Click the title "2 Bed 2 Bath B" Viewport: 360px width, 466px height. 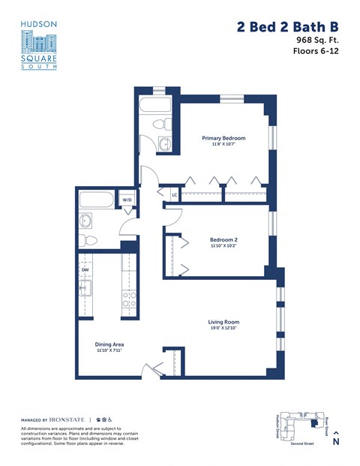[x=287, y=27]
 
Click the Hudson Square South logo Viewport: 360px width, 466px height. [x=39, y=46]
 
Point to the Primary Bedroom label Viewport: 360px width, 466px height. [x=223, y=138]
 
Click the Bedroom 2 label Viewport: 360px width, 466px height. [x=223, y=240]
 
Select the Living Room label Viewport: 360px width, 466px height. [x=223, y=322]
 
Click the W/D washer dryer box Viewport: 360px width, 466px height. [x=127, y=200]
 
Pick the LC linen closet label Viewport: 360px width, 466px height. [x=174, y=195]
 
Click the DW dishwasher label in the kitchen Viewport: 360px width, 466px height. [x=85, y=270]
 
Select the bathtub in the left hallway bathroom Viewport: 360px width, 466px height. [x=97, y=200]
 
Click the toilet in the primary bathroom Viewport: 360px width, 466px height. [x=160, y=123]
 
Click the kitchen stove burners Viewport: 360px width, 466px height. [x=129, y=299]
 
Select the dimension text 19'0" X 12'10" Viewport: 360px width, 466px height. [x=223, y=329]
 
